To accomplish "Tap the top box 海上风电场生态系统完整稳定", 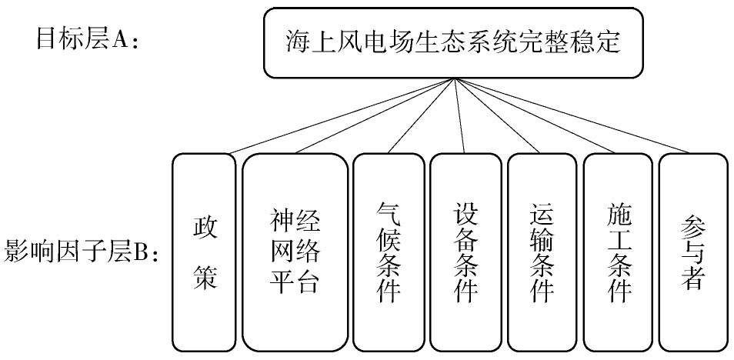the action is [x=453, y=42].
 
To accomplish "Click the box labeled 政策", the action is [x=204, y=252].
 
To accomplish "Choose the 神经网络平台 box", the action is [x=295, y=252].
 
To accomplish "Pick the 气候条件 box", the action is [x=389, y=252].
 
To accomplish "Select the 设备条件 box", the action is [x=465, y=252].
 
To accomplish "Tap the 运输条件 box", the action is [x=542, y=252].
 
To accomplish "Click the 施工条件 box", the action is [x=619, y=252].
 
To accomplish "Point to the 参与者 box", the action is [x=693, y=252].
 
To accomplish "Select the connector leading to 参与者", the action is [x=572, y=116].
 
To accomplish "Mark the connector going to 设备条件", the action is [x=459, y=116].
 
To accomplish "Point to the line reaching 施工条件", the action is [x=534, y=116].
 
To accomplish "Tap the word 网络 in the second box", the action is [x=295, y=252].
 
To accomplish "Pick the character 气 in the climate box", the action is [x=389, y=215].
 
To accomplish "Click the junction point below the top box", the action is [x=454, y=78].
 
